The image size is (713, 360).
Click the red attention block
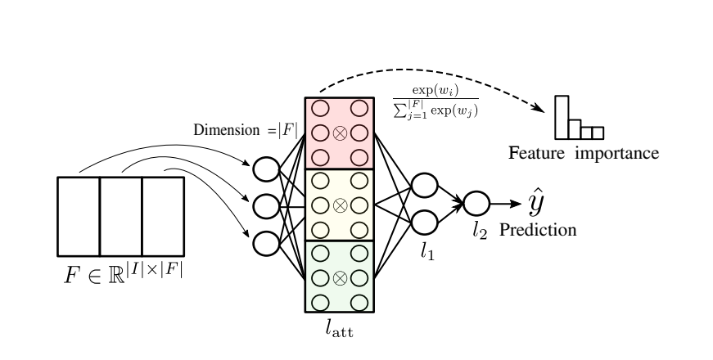[339, 132]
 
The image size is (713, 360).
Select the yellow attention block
[339, 205]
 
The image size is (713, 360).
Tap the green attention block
[339, 276]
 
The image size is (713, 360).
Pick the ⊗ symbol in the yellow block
[339, 205]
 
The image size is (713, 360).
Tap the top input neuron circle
[266, 169]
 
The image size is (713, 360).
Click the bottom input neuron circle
[266, 241]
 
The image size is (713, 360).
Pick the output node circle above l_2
[476, 204]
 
